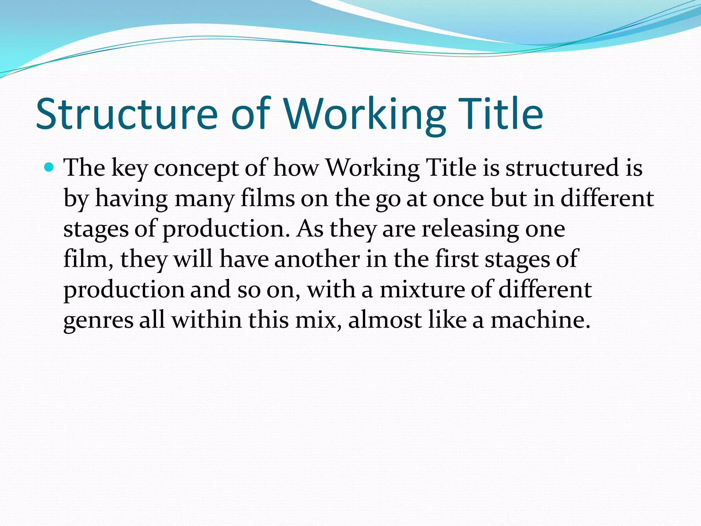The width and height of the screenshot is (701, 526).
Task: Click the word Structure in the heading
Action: pyautogui.click(x=127, y=114)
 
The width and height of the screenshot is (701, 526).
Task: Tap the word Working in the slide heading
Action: pyautogui.click(x=365, y=114)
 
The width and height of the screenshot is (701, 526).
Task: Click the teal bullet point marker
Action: pyautogui.click(x=50, y=167)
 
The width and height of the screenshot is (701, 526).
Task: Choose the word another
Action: pyautogui.click(x=317, y=259)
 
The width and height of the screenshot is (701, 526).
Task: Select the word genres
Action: pyautogui.click(x=98, y=321)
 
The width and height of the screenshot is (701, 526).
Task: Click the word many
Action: pyautogui.click(x=204, y=199)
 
